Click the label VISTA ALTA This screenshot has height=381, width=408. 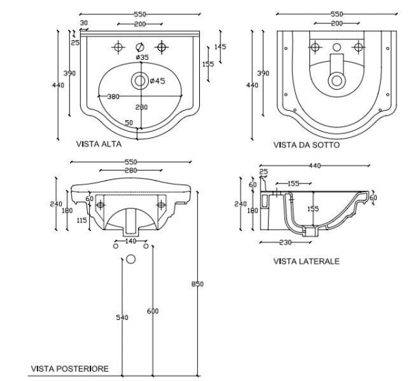[99, 145]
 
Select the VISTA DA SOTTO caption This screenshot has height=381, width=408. [307, 145]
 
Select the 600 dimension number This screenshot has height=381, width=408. [153, 311]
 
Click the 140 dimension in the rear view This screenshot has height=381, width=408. [129, 240]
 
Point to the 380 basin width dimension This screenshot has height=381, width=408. [113, 96]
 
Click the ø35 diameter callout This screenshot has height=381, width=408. [142, 58]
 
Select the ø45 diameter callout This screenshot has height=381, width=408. [158, 81]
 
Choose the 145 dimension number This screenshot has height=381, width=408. [220, 47]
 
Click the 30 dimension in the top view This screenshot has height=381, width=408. [84, 22]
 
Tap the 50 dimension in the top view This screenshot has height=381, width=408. [129, 123]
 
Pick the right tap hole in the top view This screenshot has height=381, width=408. [162, 47]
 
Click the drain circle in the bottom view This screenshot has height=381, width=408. [336, 80]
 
